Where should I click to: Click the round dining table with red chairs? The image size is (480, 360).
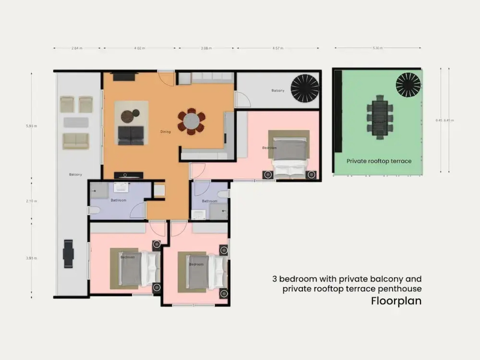click(191, 121)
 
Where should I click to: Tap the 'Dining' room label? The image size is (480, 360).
click(165, 132)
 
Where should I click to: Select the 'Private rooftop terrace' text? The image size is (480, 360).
click(379, 161)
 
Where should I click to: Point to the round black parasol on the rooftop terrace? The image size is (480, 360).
click(408, 84)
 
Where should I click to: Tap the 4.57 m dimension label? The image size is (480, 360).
click(278, 48)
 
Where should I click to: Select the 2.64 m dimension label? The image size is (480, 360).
click(77, 48)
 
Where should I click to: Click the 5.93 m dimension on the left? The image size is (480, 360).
click(31, 126)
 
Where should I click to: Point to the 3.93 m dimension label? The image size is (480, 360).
click(31, 258)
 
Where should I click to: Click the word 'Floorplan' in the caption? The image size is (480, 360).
click(396, 301)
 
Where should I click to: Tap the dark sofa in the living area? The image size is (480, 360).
click(131, 135)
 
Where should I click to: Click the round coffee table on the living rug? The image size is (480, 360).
click(127, 117)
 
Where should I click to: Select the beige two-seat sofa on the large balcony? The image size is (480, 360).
click(76, 141)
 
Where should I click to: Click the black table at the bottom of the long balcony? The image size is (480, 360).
click(68, 254)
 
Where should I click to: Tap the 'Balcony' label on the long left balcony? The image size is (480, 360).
click(75, 174)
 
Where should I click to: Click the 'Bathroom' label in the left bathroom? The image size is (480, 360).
click(118, 200)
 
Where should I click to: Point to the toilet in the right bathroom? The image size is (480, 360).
click(223, 194)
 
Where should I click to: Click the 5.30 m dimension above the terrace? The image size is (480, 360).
click(378, 48)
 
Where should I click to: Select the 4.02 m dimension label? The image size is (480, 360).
click(140, 48)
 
